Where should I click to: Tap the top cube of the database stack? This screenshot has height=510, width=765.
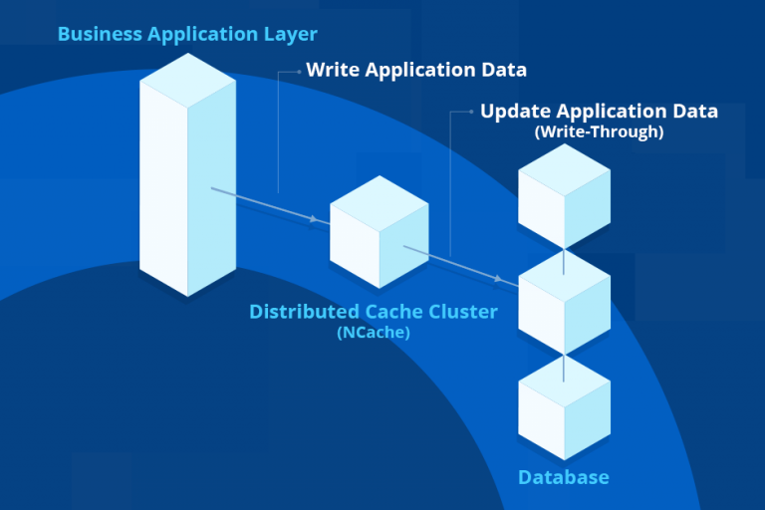(x=564, y=195)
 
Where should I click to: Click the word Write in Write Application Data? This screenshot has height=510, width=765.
(x=333, y=70)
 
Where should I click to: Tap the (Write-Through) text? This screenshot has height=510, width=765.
(x=599, y=131)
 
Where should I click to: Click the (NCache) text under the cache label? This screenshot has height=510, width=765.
(x=374, y=333)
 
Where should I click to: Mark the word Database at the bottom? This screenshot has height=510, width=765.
(x=563, y=478)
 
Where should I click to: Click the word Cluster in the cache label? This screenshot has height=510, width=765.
(x=461, y=312)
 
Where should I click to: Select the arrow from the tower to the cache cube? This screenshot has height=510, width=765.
(x=269, y=204)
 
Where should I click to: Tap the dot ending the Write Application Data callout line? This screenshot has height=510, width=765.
(x=300, y=71)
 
